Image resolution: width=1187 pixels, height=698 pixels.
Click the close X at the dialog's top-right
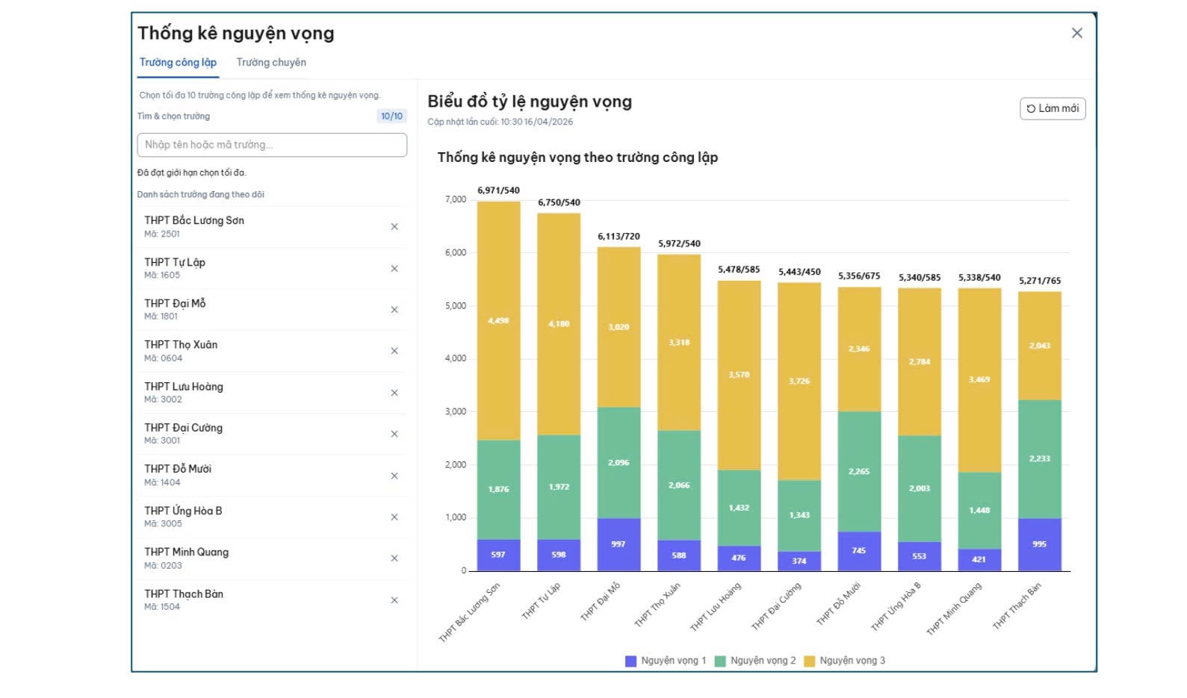tap(1076, 33)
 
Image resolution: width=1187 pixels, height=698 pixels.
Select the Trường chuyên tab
tap(271, 63)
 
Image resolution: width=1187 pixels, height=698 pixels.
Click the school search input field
tap(272, 145)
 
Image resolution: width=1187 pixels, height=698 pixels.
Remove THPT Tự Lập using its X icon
tap(394, 269)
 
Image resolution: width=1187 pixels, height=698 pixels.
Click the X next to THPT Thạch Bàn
tap(394, 600)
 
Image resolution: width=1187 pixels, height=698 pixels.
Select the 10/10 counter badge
tap(391, 116)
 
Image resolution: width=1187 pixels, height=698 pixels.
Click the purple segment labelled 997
tap(619, 544)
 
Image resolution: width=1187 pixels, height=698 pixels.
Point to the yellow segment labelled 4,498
tap(498, 321)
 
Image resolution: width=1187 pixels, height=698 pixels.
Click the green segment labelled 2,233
tap(1039, 458)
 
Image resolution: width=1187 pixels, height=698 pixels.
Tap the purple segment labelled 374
tap(799, 561)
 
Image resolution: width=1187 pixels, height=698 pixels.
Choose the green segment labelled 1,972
tap(559, 487)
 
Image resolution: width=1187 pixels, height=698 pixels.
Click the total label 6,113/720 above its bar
tap(619, 237)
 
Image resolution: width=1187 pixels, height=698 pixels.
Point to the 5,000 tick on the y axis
tap(455, 306)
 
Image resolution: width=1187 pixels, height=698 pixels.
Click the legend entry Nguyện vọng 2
tap(755, 661)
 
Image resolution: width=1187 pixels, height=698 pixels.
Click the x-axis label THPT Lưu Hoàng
tap(715, 607)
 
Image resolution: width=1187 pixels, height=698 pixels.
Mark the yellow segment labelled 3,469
tap(979, 380)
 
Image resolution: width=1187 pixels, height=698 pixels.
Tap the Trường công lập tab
tap(178, 63)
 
